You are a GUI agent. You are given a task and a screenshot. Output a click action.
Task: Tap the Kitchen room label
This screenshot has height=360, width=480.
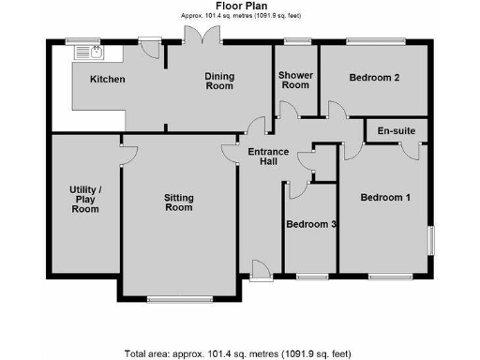pos(107,80)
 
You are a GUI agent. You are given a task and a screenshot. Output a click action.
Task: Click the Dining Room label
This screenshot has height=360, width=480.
pos(218,81)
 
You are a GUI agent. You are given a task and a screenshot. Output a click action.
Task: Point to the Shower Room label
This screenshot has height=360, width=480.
pos(295,80)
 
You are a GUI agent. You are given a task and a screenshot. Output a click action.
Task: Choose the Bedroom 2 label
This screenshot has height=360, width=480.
pos(375,79)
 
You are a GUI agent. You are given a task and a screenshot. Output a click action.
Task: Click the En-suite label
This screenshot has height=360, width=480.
pos(397,130)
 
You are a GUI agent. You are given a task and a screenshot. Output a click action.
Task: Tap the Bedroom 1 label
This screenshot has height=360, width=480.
pos(386,197)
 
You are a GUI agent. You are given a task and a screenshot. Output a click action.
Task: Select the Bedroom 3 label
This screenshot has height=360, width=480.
pos(311,224)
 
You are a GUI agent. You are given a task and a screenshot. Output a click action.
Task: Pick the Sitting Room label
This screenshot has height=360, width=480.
pos(178,202)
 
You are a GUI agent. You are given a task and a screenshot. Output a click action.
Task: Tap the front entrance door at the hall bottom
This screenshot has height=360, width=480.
pos(259,272)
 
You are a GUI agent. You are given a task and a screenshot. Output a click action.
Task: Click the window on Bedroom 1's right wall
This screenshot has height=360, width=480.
pos(431,239)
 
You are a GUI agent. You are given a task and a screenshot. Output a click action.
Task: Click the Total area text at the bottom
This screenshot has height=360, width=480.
pos(239,353)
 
